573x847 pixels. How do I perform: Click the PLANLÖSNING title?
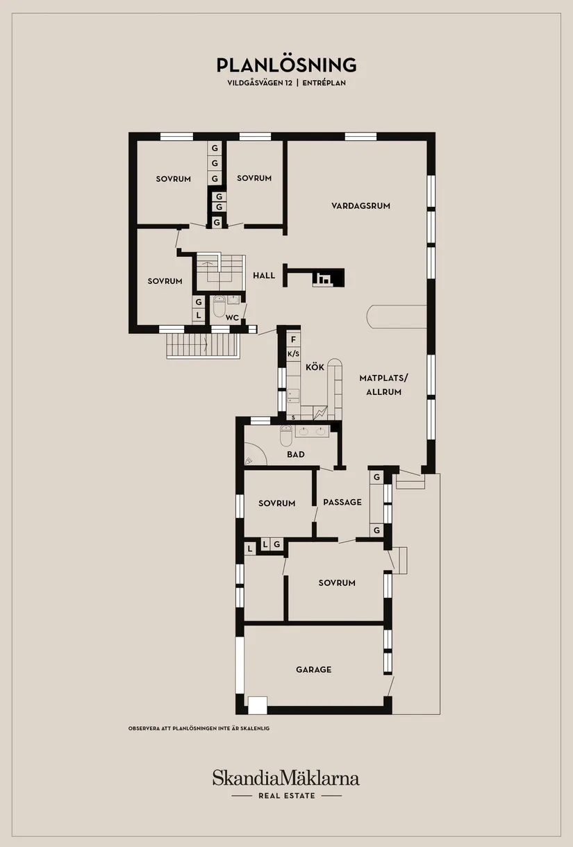click(286, 65)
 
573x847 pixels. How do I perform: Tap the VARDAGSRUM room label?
click(360, 206)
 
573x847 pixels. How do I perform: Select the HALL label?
click(264, 276)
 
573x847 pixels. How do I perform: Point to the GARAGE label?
click(313, 670)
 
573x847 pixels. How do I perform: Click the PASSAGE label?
click(342, 502)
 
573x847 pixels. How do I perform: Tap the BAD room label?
click(296, 455)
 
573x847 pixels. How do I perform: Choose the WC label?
click(232, 318)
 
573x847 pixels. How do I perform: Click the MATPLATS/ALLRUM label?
click(384, 385)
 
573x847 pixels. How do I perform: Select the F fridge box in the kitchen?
click(293, 339)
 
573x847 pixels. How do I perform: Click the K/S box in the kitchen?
click(293, 354)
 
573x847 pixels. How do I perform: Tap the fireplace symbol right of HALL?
click(324, 279)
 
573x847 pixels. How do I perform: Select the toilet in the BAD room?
click(286, 436)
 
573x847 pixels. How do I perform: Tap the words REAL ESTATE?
click(286, 796)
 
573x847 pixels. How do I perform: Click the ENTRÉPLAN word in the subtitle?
click(324, 83)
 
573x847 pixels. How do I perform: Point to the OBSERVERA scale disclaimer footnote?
click(199, 728)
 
